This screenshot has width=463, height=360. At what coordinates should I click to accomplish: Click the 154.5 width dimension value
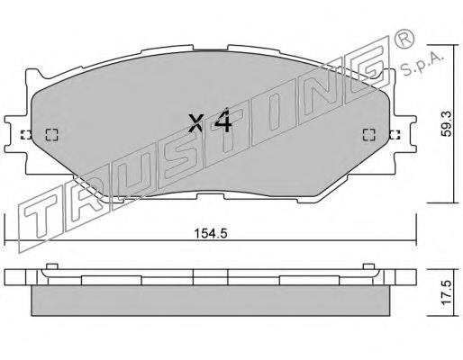click(211, 233)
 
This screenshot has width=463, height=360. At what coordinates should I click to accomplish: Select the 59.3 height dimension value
click(447, 124)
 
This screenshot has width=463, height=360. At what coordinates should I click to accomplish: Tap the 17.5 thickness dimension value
click(447, 292)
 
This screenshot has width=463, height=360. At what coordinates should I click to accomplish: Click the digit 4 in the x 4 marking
click(222, 121)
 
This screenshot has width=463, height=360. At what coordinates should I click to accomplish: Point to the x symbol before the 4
click(196, 123)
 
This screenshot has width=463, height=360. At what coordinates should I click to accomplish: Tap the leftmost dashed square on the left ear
click(26, 135)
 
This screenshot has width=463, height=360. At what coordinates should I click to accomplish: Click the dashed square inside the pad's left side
click(51, 135)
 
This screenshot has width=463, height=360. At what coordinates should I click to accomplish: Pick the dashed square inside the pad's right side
click(369, 135)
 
